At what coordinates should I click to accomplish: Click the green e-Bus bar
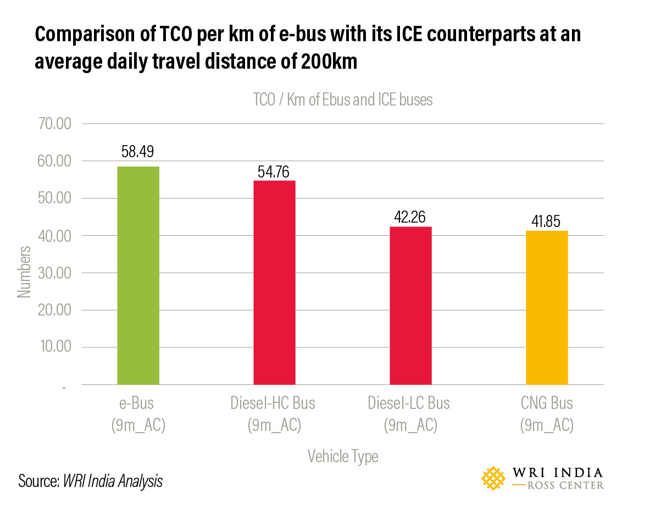(x=138, y=275)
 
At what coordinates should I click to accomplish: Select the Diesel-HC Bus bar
(x=274, y=282)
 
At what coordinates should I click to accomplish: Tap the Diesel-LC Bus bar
(x=410, y=305)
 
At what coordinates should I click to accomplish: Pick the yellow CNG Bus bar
(x=547, y=307)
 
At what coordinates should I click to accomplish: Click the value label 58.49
(x=138, y=152)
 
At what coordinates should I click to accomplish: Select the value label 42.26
(x=410, y=217)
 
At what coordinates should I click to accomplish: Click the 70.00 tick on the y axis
(x=53, y=124)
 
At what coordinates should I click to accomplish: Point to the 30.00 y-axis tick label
(x=53, y=273)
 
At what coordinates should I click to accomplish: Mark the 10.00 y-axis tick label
(x=53, y=347)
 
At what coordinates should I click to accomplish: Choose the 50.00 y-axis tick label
(x=53, y=198)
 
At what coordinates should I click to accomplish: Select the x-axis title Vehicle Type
(x=343, y=456)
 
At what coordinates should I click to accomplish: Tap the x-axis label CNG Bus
(x=547, y=403)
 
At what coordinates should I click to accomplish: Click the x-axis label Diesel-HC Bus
(x=273, y=403)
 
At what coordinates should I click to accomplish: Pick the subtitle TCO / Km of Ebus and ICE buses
(x=343, y=100)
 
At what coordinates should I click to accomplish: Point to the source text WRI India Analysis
(x=113, y=481)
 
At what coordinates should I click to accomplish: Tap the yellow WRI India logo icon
(x=493, y=478)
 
